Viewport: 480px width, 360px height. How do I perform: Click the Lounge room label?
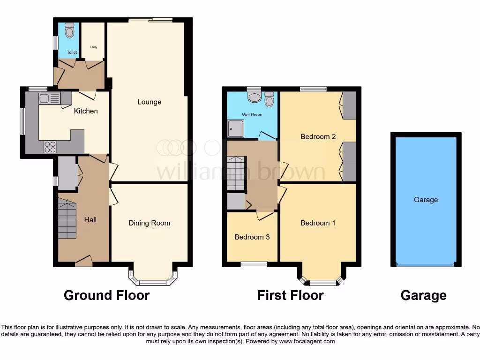coord(149,102)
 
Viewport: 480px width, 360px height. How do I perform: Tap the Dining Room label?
coord(149,223)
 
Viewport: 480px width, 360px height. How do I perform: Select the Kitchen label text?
coord(86,111)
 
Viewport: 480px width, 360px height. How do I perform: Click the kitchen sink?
coord(49,98)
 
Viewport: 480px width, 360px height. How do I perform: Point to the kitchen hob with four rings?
coord(50,147)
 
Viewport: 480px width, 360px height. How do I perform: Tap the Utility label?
coord(93,47)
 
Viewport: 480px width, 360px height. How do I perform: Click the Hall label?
coord(90,219)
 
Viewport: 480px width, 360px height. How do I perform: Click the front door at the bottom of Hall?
coord(83,262)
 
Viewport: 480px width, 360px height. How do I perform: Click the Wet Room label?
coord(252,115)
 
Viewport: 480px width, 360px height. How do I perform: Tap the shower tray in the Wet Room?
coord(236,129)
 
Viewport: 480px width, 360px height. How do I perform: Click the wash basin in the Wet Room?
coord(255,97)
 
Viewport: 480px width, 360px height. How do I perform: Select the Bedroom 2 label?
coord(318,137)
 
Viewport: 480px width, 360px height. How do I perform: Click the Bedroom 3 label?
coord(252,237)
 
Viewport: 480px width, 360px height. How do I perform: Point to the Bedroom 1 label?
coord(318,223)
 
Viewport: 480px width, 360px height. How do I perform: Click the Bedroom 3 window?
coord(254,264)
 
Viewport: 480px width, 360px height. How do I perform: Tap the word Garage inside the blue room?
coord(426,200)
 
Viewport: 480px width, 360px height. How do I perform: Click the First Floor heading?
coord(290,295)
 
